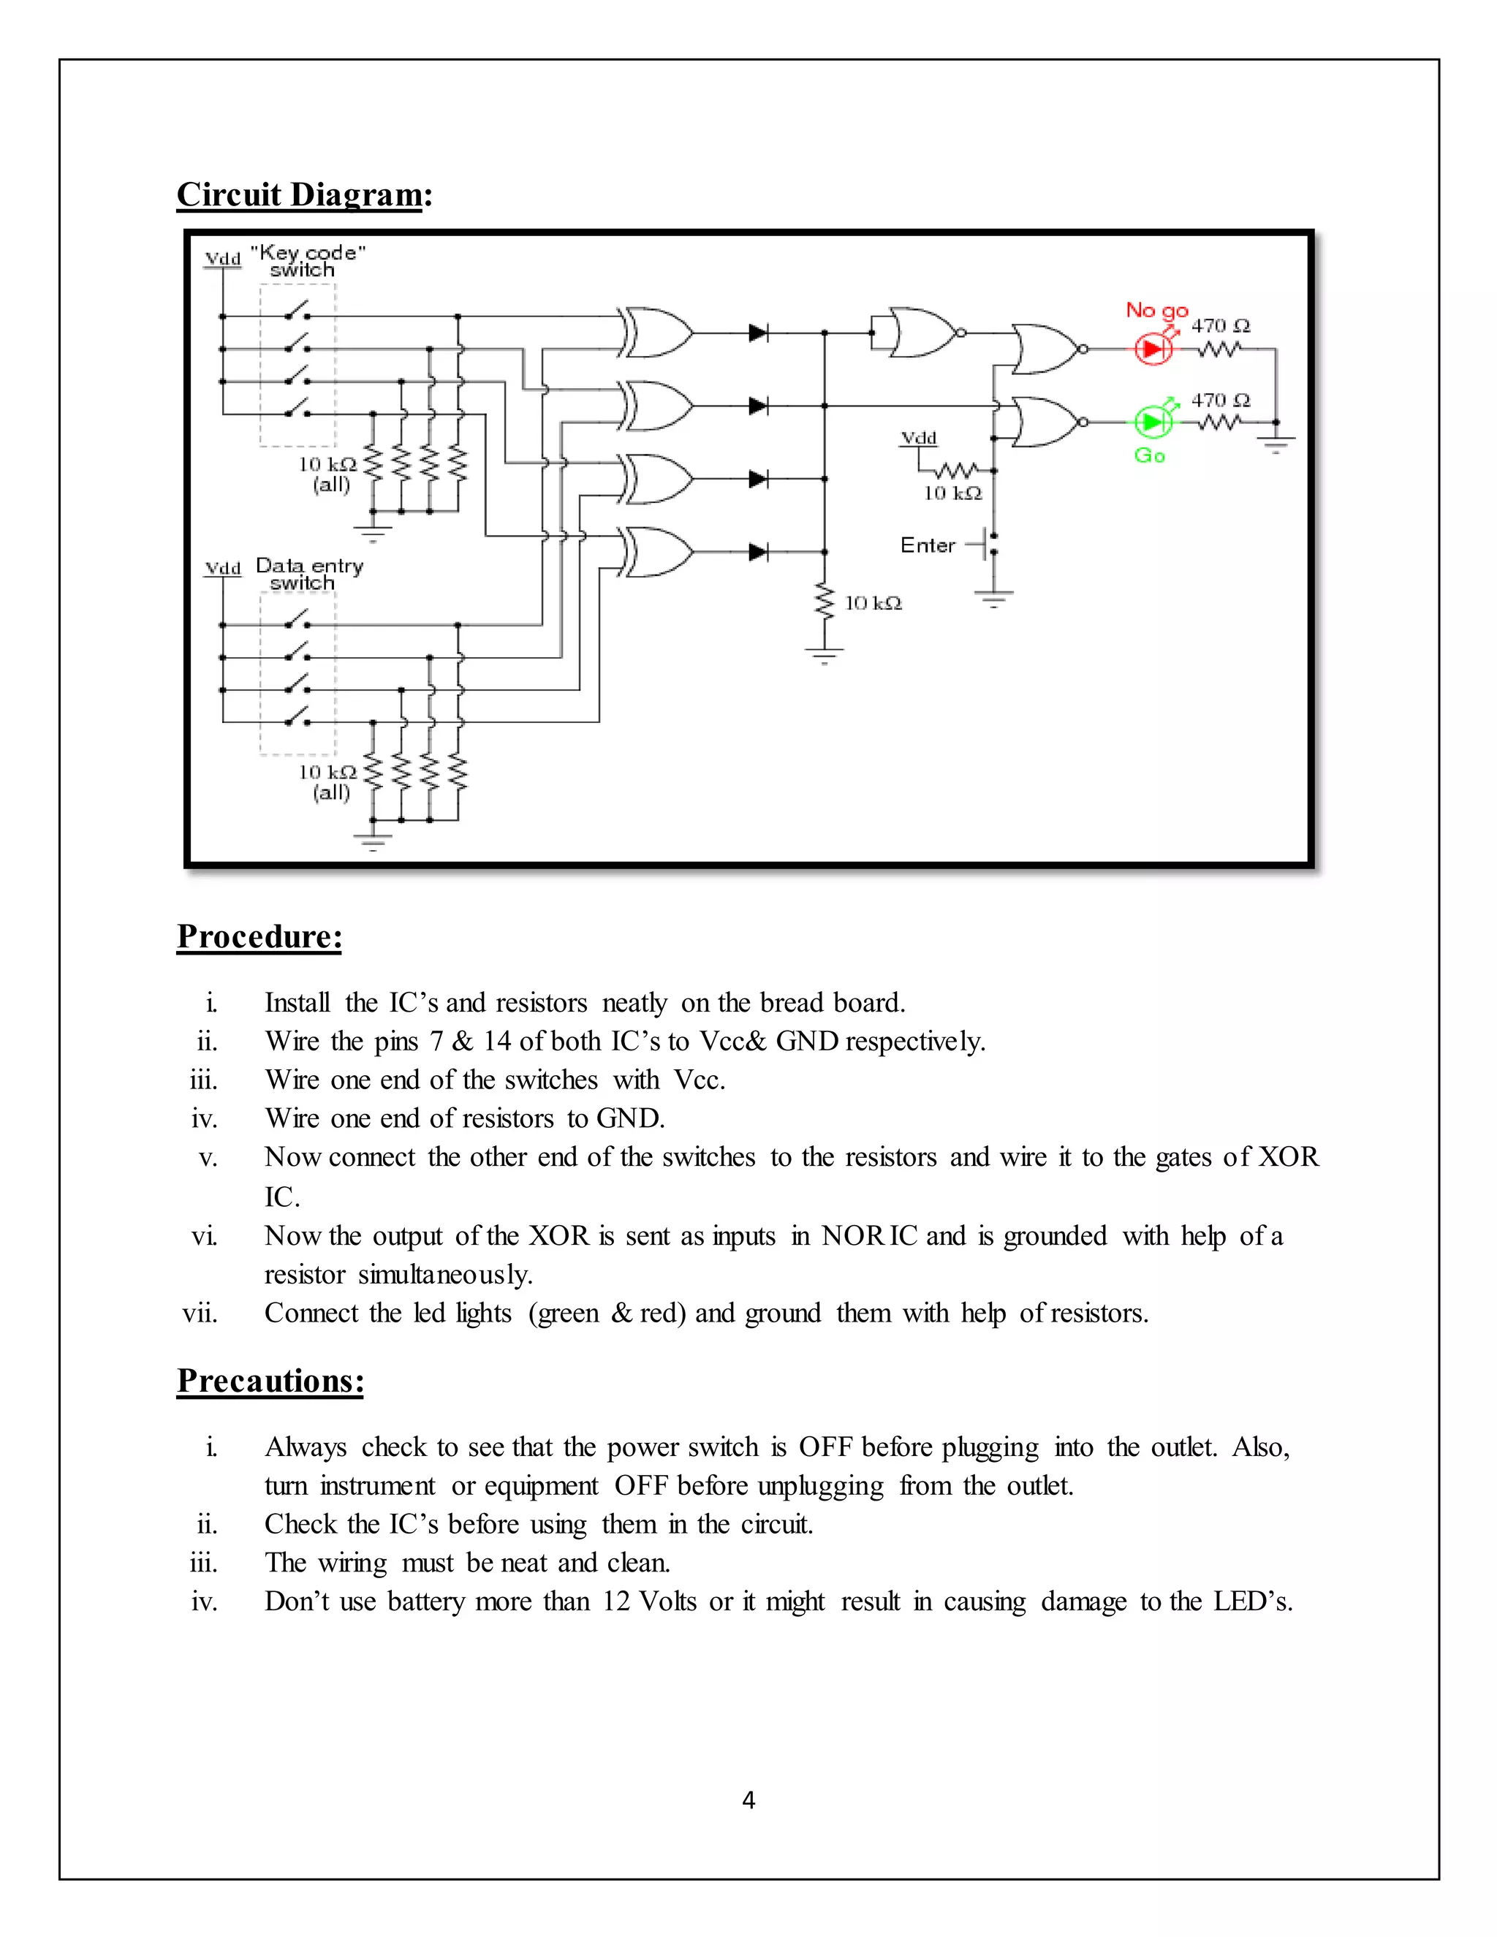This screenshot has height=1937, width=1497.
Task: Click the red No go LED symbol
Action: [x=1153, y=349]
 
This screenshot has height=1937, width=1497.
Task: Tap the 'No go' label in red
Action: [x=1156, y=311]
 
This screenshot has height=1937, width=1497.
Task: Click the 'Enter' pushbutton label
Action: [x=927, y=545]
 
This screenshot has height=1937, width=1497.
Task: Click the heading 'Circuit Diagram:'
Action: [x=304, y=194]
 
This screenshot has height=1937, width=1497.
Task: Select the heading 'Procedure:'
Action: [x=259, y=936]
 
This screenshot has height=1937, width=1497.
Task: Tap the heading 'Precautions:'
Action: [x=270, y=1381]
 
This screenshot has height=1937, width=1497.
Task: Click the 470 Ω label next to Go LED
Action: [x=1219, y=400]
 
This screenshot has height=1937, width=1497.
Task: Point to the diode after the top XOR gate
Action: [x=758, y=333]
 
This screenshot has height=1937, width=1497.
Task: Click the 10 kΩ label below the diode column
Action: [x=873, y=603]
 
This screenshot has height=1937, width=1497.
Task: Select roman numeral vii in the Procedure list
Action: [x=200, y=1314]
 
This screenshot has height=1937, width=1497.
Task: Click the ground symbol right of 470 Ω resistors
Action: [x=1276, y=441]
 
